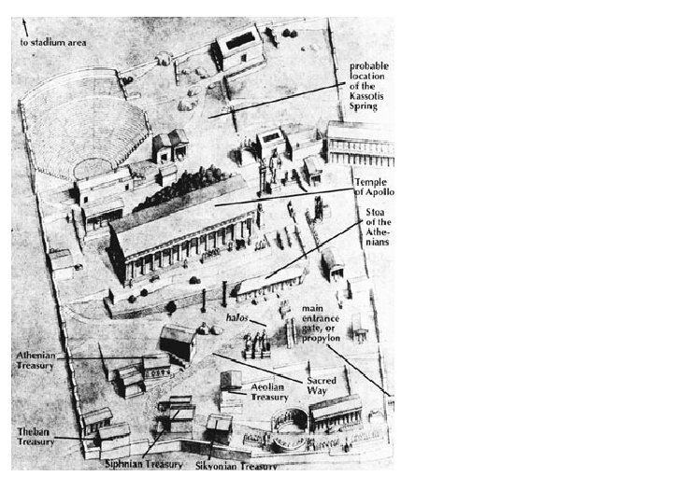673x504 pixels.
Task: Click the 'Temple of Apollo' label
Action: pos(374,187)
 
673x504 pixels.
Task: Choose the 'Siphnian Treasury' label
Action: pos(143,464)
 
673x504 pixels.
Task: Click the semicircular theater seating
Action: pos(84,126)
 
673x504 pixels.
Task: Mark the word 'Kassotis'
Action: pos(370,96)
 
